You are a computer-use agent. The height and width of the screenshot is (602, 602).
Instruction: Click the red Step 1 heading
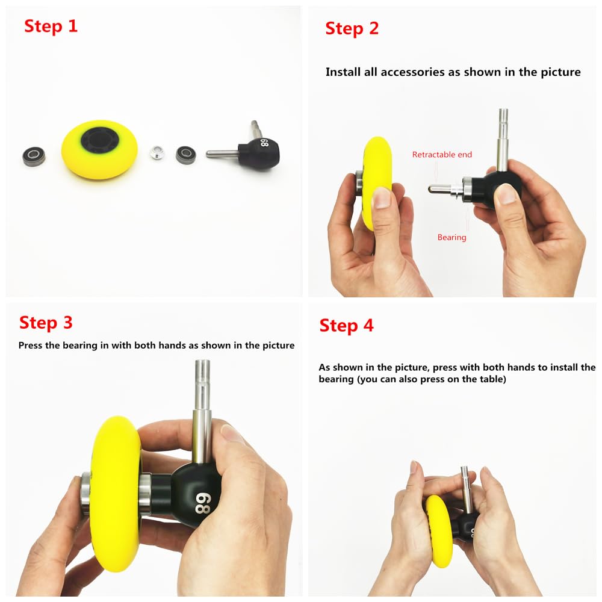pos(51,26)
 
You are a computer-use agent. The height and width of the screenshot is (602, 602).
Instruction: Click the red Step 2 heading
pos(352,28)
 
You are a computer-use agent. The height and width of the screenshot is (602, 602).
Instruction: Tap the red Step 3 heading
pos(46,323)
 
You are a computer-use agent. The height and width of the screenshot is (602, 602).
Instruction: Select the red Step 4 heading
pos(346,326)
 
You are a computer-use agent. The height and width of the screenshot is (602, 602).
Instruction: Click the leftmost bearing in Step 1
pos(34,157)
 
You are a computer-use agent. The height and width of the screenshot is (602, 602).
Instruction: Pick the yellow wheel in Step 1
pos(99,149)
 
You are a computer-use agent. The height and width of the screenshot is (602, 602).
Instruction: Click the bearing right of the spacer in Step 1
pos(185,155)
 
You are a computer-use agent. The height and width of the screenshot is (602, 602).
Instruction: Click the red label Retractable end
pos(442,155)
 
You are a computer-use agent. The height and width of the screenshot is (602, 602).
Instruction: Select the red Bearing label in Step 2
pos(451,238)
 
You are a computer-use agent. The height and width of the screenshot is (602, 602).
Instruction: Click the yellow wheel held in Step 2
pos(377,181)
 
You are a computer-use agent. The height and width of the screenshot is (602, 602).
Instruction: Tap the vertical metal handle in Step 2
pos(503,138)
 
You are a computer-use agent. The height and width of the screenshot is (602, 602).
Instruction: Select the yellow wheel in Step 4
pos(439,530)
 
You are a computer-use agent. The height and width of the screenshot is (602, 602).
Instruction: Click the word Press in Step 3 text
pos(31,346)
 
